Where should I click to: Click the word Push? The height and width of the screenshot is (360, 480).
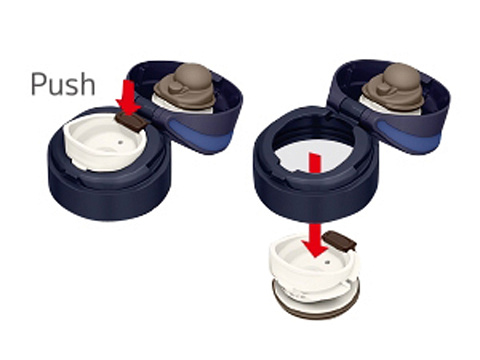point(63,84)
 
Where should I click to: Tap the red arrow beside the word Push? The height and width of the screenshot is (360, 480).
point(128,97)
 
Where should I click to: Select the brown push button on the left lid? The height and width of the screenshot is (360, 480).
point(132,121)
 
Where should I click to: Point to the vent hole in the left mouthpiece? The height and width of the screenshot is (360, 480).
point(121,142)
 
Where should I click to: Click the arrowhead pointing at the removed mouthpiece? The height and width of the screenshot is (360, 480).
point(315,246)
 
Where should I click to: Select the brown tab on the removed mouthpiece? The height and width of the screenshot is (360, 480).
point(340,240)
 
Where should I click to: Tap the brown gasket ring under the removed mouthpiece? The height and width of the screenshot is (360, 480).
point(316,302)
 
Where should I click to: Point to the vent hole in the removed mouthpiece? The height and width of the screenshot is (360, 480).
point(328,261)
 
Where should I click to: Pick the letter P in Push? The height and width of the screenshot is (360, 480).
point(38,84)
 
